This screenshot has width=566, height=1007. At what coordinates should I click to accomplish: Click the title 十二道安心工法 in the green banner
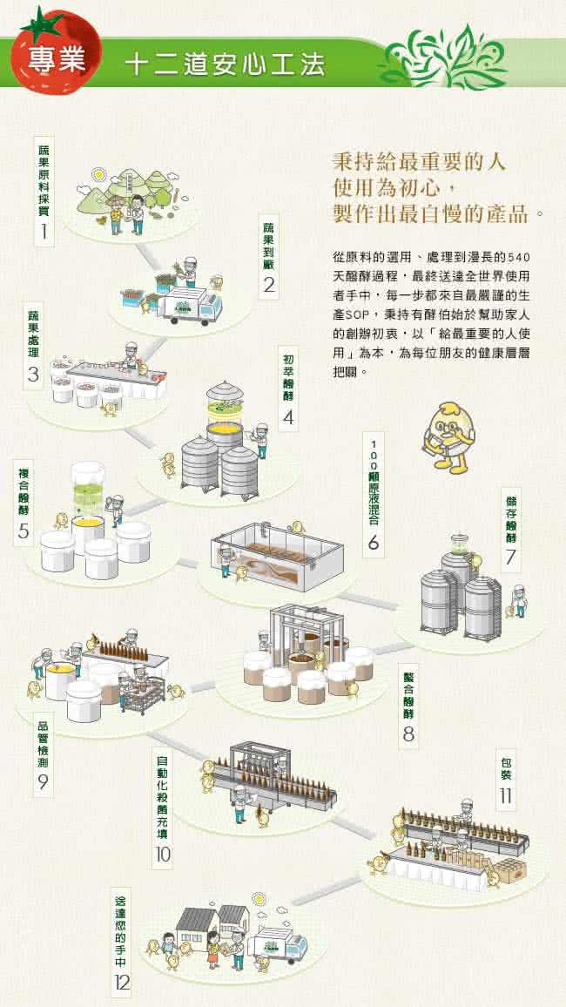tap(226, 64)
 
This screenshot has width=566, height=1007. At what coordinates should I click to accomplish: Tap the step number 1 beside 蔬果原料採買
tap(44, 232)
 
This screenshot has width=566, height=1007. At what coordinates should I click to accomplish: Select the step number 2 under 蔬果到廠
tap(270, 285)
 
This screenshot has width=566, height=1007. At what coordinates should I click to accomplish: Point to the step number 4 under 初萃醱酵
tap(288, 417)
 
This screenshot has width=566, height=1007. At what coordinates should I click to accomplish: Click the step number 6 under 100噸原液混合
tap(374, 544)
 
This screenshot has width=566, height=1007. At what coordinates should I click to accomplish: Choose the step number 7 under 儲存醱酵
tap(510, 558)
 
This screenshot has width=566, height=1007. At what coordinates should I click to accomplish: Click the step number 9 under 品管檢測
tap(43, 781)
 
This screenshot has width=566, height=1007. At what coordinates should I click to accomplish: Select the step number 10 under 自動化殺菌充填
tap(162, 855)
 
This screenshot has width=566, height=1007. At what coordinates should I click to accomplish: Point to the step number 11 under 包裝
tap(506, 795)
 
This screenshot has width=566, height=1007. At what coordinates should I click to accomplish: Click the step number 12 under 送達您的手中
tap(121, 982)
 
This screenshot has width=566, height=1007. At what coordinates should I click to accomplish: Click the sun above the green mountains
tap(98, 173)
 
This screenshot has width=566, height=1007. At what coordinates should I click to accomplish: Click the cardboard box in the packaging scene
tap(511, 868)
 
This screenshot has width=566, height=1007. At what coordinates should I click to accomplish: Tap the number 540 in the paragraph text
tap(518, 257)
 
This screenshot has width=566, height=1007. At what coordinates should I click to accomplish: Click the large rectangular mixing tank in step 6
tap(277, 556)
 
